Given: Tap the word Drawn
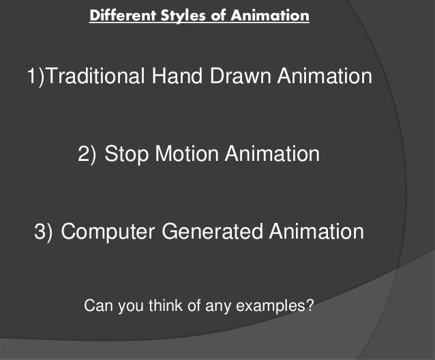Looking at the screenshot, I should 243,76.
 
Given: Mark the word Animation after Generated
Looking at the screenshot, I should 316,232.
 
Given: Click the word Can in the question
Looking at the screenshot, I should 95,305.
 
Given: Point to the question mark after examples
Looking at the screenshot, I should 310,305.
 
